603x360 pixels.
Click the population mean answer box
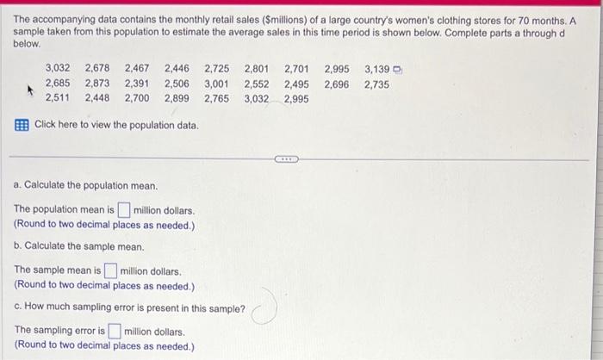pos(124,209)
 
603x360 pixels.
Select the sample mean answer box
pos(111,270)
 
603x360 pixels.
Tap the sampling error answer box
pos(115,331)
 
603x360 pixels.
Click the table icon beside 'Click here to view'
pos(21,126)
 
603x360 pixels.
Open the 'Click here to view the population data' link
pos(116,126)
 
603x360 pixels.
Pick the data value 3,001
pos(217,84)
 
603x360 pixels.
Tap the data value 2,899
pos(177,99)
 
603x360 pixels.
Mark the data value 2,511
pos(58,99)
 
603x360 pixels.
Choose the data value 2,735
pos(376,84)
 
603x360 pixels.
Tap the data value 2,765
pos(217,99)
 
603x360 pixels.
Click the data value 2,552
pos(257,84)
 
